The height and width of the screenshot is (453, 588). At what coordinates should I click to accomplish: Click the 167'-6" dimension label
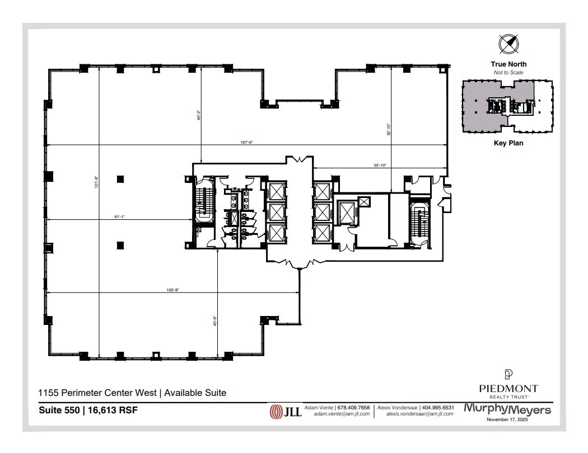[x=247, y=142]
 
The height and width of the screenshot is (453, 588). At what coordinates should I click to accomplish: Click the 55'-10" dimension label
[x=380, y=165]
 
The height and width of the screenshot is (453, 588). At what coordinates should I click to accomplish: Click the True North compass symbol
[x=508, y=44]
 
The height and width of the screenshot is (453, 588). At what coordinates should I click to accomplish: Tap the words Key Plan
[x=508, y=143]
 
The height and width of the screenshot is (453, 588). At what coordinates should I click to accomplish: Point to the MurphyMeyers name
[x=507, y=409]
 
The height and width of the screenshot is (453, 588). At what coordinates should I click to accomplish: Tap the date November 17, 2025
[x=507, y=419]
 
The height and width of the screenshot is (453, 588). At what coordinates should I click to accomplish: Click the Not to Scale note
[x=508, y=73]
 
